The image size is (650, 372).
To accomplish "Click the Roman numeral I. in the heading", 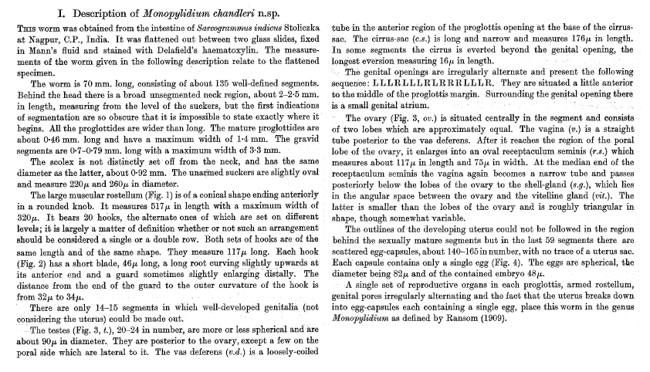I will tap(63, 13).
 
